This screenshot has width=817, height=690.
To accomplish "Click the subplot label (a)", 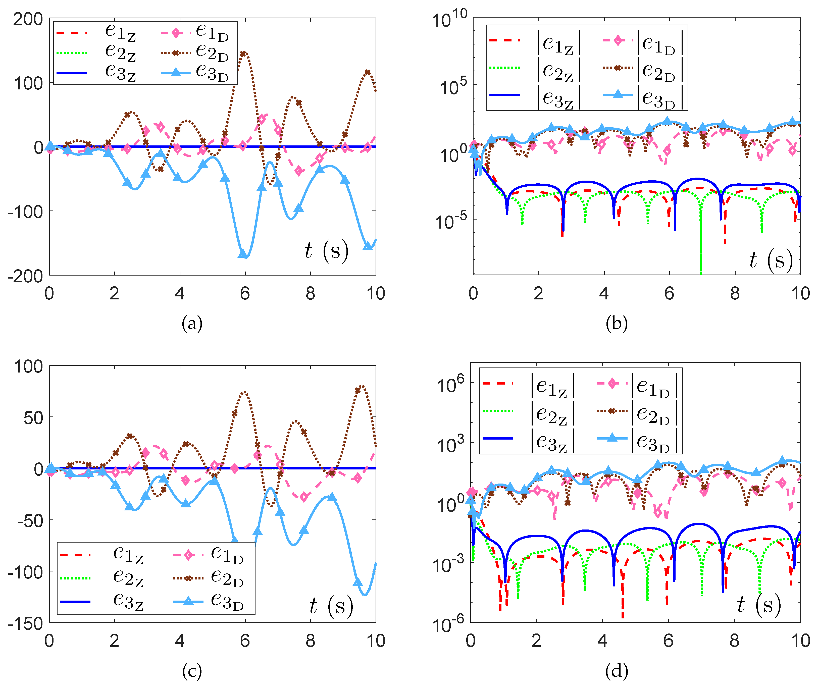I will (192, 324).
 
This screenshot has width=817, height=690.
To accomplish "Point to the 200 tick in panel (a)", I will (28, 19).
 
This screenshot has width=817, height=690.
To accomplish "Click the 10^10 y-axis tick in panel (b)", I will (450, 19).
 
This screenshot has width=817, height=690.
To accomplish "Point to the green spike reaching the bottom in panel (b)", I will (700, 270).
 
